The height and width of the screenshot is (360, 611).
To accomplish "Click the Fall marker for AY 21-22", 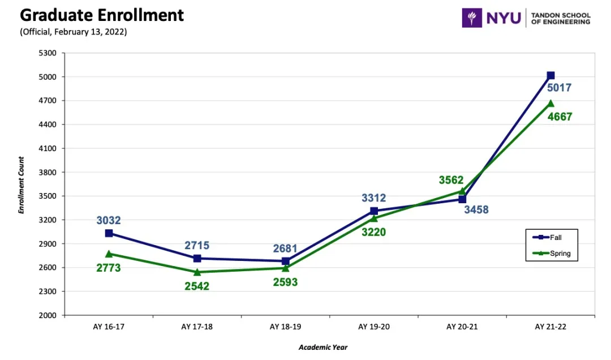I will [550, 75].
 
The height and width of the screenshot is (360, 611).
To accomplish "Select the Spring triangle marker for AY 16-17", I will [109, 254].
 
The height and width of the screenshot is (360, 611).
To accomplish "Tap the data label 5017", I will [559, 88].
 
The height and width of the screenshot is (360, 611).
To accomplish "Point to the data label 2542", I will [197, 286].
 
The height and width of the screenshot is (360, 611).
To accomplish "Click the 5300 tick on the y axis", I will [48, 53].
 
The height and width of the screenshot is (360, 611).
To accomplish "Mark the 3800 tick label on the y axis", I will [48, 172].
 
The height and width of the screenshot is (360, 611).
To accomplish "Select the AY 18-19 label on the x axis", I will [285, 327].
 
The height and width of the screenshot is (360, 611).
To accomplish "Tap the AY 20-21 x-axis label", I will [462, 327].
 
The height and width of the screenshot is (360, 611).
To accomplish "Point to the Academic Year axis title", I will [323, 347].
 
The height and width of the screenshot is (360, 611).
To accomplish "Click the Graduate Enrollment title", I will [102, 15].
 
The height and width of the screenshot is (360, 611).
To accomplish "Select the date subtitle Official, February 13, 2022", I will [74, 32].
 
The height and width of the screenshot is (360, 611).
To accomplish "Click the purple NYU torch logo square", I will [472, 18].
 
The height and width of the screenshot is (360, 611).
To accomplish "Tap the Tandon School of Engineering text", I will [560, 18].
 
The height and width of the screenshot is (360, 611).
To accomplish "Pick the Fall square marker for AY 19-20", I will [374, 211].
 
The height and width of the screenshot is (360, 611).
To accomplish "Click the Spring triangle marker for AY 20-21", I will [462, 191].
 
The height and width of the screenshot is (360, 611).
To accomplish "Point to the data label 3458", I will [476, 210].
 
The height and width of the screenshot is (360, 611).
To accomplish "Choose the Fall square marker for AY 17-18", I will [197, 258].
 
